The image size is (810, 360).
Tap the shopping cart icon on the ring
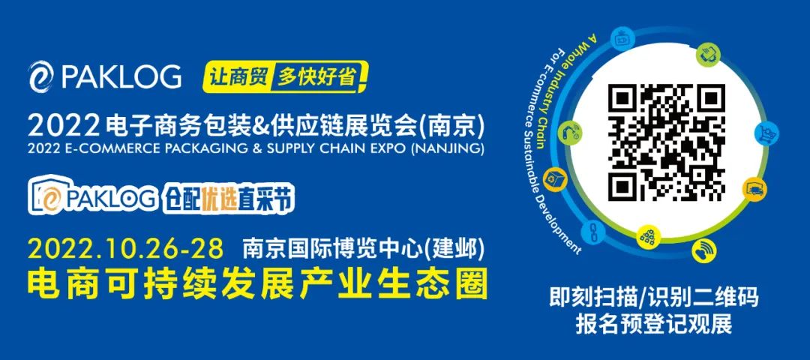click(x=766, y=133)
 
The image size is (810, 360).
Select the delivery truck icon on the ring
click(x=754, y=189)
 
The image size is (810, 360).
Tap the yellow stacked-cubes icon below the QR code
click(x=647, y=236)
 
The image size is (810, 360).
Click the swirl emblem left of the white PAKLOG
click(x=40, y=77)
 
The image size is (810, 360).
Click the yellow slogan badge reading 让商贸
click(x=238, y=77)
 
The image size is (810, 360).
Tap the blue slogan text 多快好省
click(x=316, y=77)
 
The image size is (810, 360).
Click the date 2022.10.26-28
click(x=126, y=250)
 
